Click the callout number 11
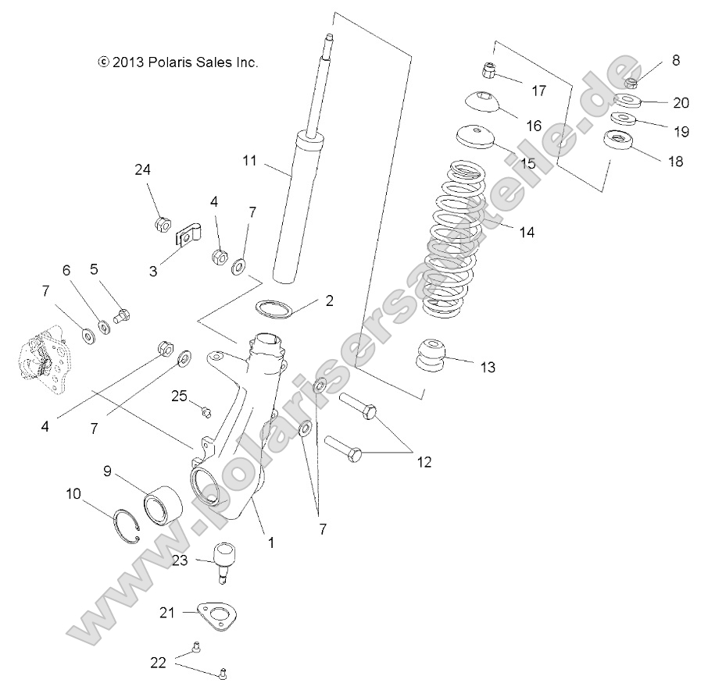click(x=249, y=162)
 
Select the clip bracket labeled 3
click(x=187, y=233)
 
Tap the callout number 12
click(x=423, y=462)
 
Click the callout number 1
click(x=271, y=539)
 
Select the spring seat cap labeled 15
click(x=476, y=137)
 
